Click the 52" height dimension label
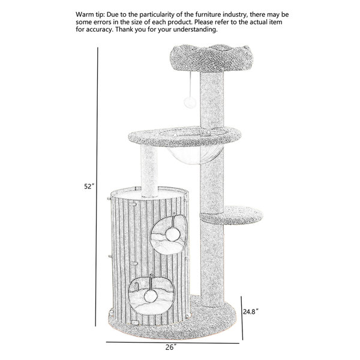pyautogui.click(x=89, y=186)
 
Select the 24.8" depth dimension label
pyautogui.click(x=251, y=311)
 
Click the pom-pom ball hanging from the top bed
pyautogui.click(x=190, y=102)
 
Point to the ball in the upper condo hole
pyautogui.click(x=173, y=235)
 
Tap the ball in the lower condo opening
pyautogui.click(x=151, y=296)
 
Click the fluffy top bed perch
pyautogui.click(x=211, y=58)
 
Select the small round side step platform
pyautogui.click(x=232, y=215)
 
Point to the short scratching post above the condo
pyautogui.click(x=149, y=171)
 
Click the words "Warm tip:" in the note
pyautogui.click(x=91, y=14)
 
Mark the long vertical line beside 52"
pyautogui.click(x=97, y=187)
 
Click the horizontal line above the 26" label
pyautogui.click(x=173, y=343)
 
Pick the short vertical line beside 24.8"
pyautogui.click(x=242, y=318)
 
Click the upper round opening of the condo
pyautogui.click(x=168, y=234)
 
